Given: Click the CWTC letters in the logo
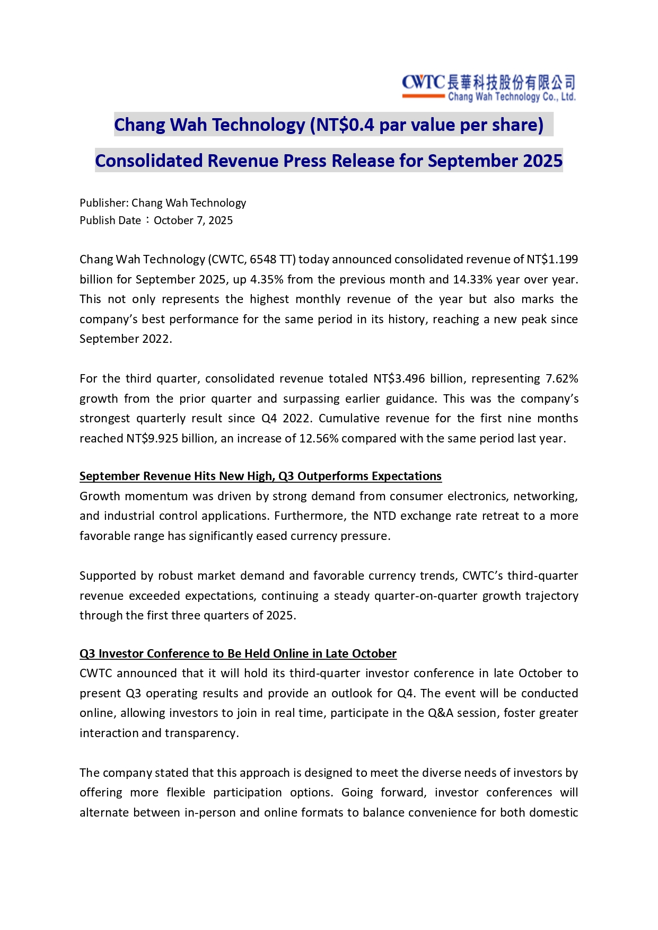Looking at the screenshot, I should coord(423,83).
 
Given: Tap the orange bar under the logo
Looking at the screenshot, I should coord(423,96).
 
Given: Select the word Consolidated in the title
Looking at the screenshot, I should coord(148,161).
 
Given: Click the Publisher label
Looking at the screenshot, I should coord(103,203).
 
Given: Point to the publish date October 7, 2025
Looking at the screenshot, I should coord(193,220).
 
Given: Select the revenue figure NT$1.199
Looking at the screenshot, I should coord(552,260).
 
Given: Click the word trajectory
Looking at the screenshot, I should coord(552,596).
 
